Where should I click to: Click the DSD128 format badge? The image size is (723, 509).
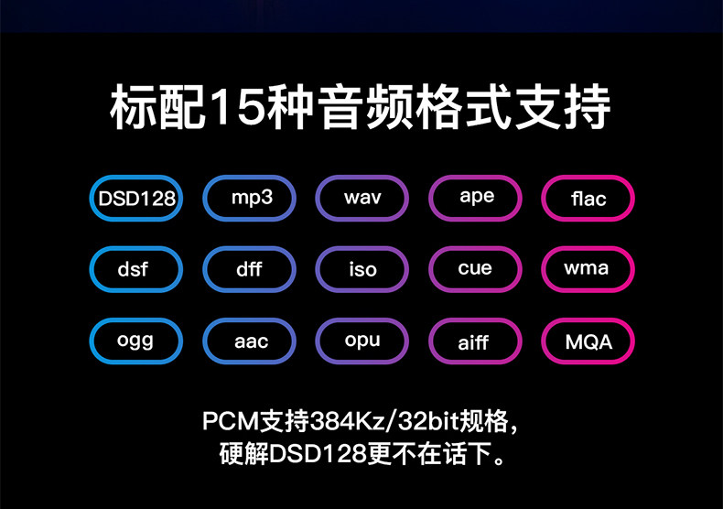pos(135,199)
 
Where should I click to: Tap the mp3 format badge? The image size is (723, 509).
pos(250,199)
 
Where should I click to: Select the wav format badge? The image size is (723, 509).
pos(362,199)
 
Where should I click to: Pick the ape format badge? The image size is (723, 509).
pos(476,199)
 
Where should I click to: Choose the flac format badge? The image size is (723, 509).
pos(588,199)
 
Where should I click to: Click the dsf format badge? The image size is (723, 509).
pos(135,270)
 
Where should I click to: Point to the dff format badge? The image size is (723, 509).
pos(250,270)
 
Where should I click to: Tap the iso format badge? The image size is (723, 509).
pos(362,270)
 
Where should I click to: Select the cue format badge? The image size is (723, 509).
pos(476,270)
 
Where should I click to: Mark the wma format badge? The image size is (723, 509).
pos(588,270)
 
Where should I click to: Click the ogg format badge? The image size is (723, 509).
pos(135,341)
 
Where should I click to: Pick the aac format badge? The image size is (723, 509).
pos(250,341)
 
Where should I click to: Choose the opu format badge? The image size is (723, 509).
pos(362,341)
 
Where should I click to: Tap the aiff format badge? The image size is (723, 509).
pos(476,341)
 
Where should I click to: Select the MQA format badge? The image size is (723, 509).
pos(588,341)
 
